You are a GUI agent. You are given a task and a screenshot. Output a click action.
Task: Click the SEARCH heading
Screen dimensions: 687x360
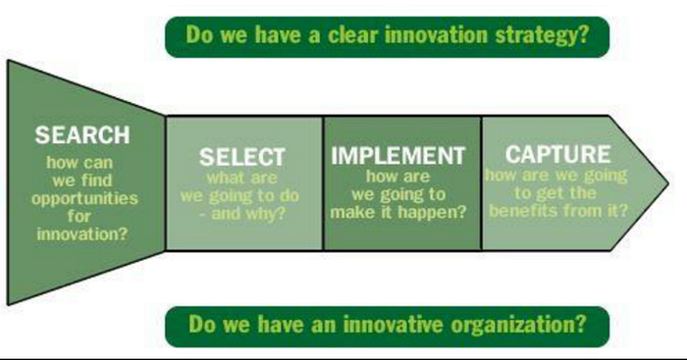coord(82,135)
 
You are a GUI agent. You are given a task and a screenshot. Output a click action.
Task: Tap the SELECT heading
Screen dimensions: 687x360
coord(242,157)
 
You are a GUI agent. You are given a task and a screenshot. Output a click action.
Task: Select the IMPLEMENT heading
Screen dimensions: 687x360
coord(397,155)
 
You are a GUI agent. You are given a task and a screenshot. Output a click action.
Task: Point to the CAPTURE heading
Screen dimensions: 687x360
coord(557,154)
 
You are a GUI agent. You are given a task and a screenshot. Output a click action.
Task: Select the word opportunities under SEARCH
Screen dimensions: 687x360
coord(84,199)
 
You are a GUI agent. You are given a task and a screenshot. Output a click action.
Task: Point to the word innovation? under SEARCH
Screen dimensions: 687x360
coord(82,234)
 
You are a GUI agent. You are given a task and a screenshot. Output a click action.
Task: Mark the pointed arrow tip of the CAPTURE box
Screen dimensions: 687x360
coord(668,183)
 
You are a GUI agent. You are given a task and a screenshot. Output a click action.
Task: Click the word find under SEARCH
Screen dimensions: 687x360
coord(98,180)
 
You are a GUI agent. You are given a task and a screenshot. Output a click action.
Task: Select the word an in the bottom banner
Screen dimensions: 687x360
coord(325,325)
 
